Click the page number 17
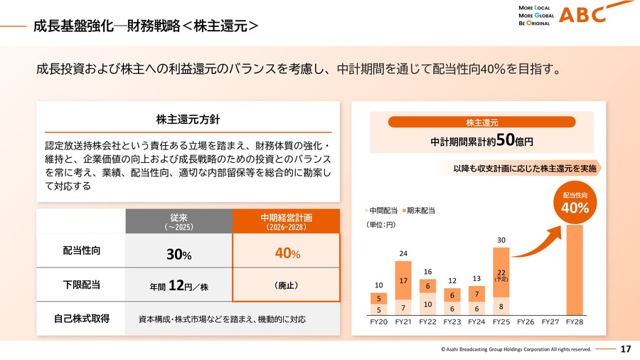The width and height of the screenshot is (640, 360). click(626, 349)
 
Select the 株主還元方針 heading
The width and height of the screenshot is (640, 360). click(183, 119)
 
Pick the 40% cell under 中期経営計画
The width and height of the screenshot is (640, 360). click(287, 253)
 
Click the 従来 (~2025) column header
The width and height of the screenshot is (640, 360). click(179, 221)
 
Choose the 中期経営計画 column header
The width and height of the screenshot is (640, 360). click(287, 221)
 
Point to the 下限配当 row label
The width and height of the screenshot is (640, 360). click(82, 285)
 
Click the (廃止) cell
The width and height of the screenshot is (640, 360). click(287, 285)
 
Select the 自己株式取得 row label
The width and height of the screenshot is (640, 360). click(82, 319)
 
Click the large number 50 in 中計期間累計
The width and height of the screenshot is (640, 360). click(506, 139)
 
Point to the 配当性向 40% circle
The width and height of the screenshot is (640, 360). click(575, 203)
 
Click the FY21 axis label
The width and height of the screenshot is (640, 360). click(402, 322)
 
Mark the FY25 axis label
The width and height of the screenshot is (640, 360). click(501, 322)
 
